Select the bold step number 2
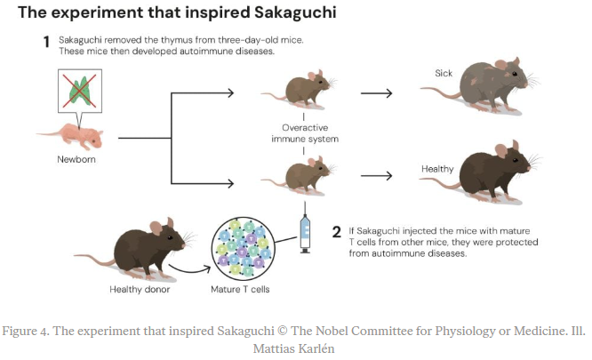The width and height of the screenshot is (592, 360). [337, 233]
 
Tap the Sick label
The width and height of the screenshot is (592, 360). [444, 72]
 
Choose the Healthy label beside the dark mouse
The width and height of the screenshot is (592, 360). [438, 169]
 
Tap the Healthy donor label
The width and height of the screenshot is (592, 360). [140, 289]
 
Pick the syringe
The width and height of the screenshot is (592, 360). [304, 228]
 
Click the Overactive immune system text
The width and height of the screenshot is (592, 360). [304, 132]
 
